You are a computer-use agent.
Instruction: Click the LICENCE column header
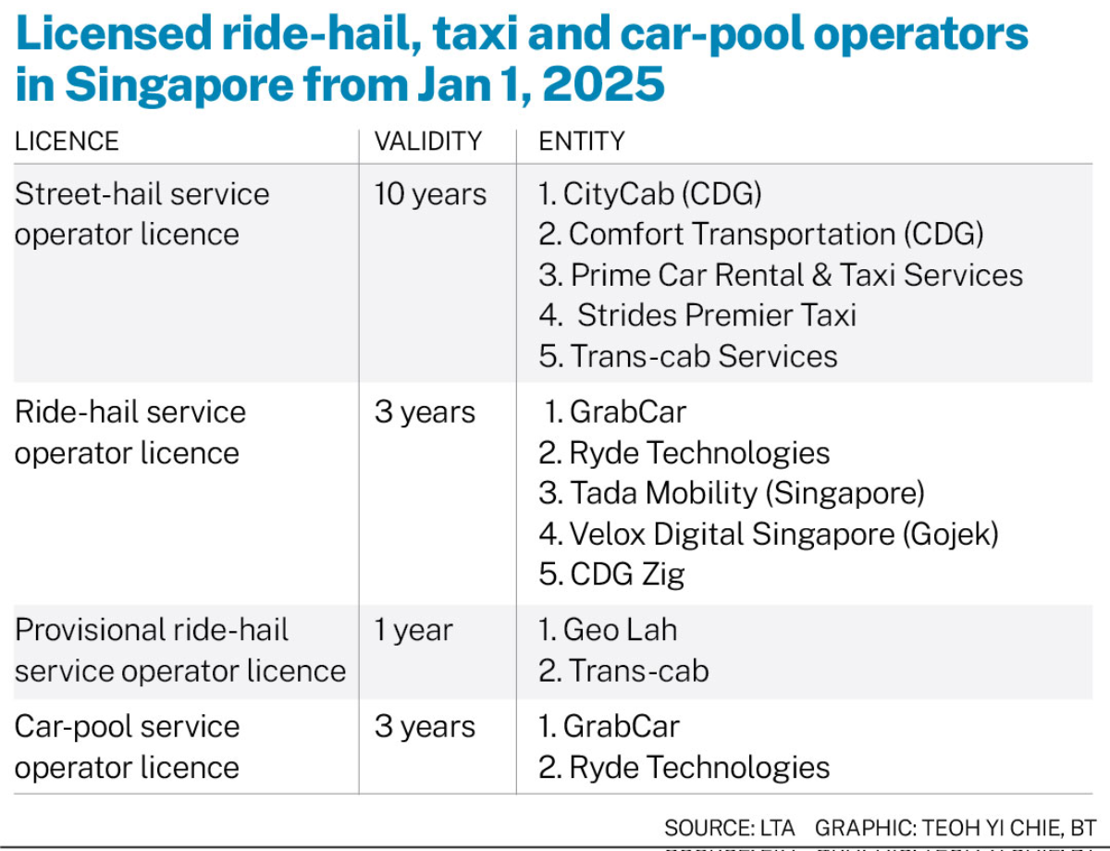(x=67, y=142)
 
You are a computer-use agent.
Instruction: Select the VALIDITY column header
(x=428, y=142)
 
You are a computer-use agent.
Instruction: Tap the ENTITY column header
(x=582, y=142)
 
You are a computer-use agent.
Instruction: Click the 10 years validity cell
(x=430, y=194)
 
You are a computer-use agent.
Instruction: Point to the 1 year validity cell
(x=413, y=631)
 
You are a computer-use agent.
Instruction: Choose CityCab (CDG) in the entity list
(x=650, y=194)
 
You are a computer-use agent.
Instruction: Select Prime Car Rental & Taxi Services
(x=781, y=275)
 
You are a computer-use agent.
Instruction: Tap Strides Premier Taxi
(x=698, y=315)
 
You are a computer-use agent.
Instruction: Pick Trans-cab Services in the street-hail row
(x=688, y=356)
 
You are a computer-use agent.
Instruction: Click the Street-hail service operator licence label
(x=142, y=214)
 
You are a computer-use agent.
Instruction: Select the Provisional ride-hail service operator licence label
(x=180, y=650)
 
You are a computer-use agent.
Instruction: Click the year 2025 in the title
(x=604, y=83)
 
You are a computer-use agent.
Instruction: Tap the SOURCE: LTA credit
(x=729, y=827)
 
